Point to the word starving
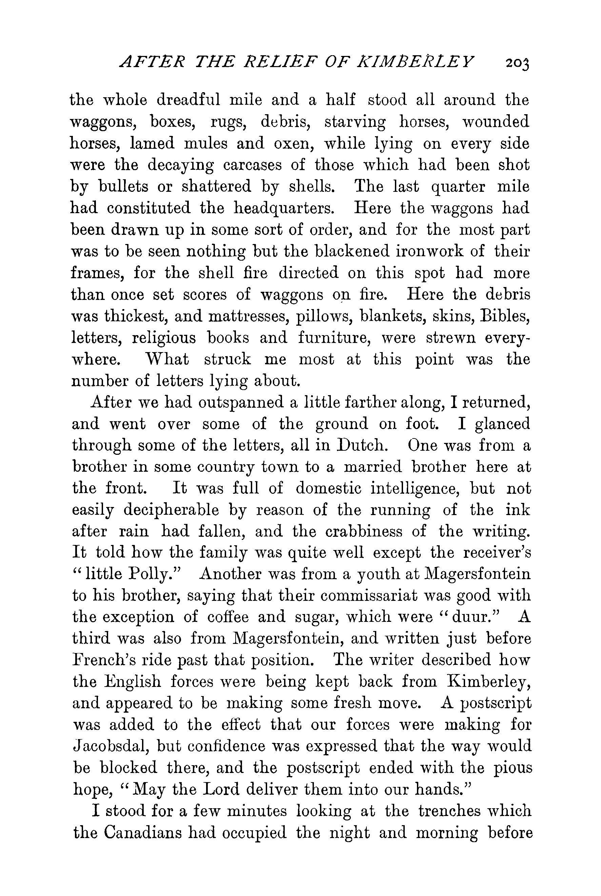click(x=355, y=122)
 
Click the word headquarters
click(x=285, y=208)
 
